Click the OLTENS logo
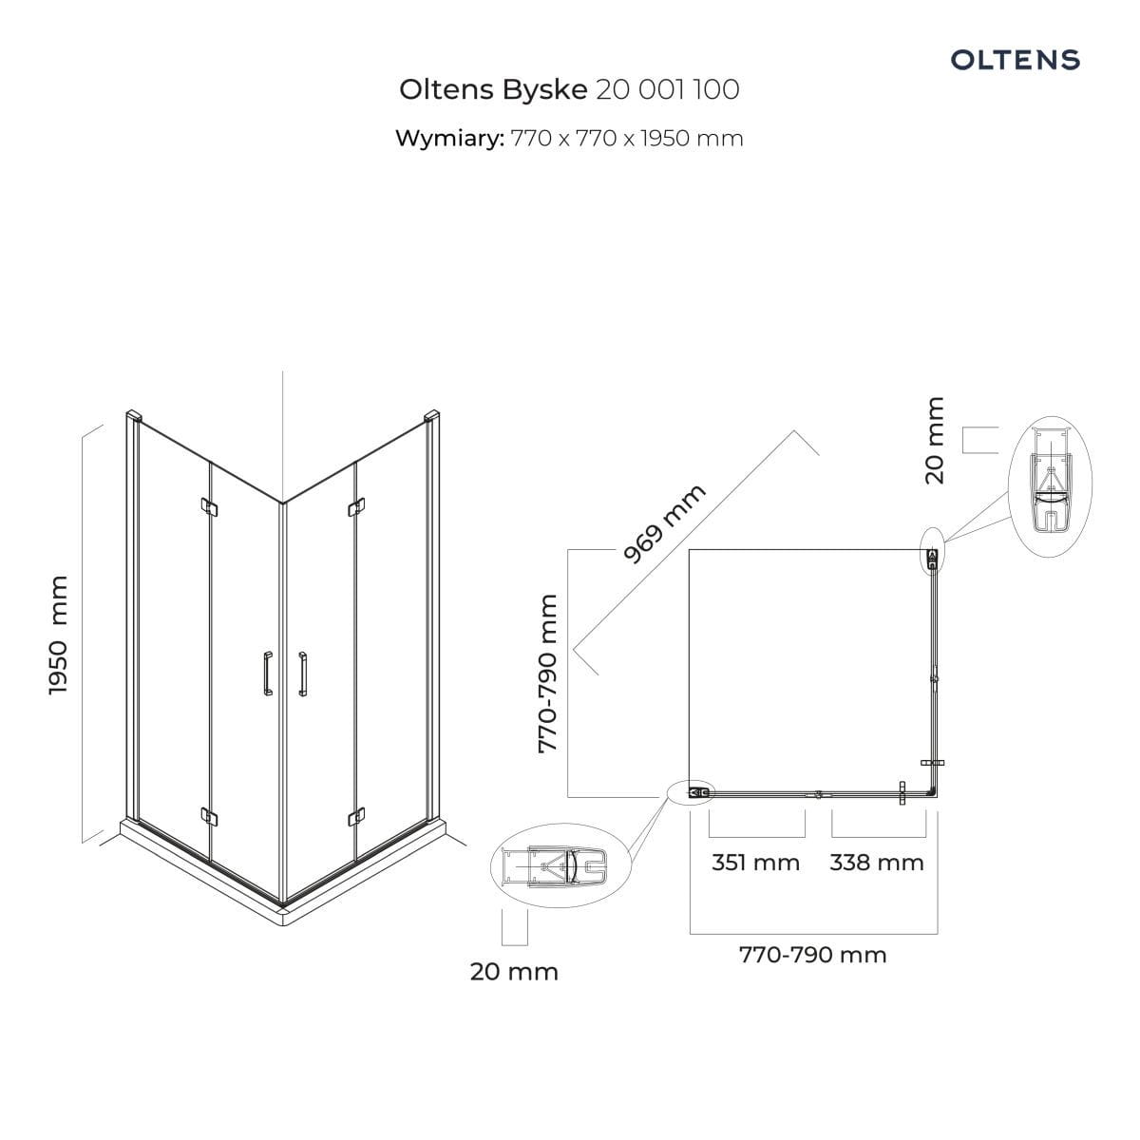1015,60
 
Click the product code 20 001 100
667,90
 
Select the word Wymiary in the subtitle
449,139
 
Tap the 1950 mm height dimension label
59,636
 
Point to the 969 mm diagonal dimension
665,523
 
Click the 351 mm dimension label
755,863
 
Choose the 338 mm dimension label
876,863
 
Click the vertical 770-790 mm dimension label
548,674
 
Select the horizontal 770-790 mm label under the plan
813,954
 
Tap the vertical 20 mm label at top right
935,441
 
